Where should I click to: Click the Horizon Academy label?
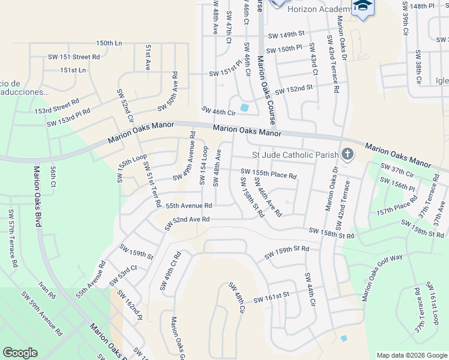click(x=319, y=10)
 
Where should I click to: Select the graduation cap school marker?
click(x=363, y=7)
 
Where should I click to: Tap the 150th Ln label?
click(x=109, y=44)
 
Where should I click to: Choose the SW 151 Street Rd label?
click(x=74, y=57)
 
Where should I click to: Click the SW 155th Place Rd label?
click(x=269, y=174)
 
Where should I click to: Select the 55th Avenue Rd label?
click(x=188, y=205)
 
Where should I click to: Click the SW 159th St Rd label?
click(x=286, y=252)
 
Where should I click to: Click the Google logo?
click(x=20, y=353)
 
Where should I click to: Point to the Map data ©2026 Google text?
click(x=411, y=355)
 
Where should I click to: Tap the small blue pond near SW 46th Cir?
click(x=244, y=108)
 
